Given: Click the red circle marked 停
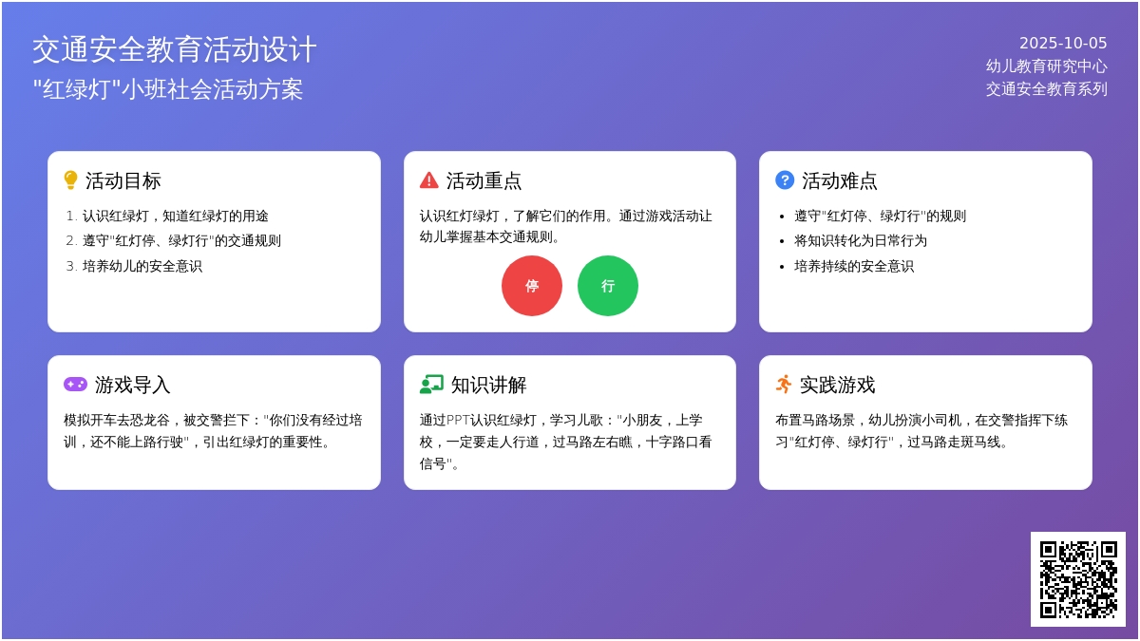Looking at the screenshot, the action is click(532, 286).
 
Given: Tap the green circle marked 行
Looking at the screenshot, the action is click(608, 286).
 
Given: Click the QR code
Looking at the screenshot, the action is click(1078, 579).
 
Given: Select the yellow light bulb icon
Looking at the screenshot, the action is click(70, 180).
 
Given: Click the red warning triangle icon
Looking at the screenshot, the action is click(429, 180).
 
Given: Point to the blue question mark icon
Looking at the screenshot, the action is click(785, 180).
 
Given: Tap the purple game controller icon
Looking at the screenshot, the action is click(75, 384).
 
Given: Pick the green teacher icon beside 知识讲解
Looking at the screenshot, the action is click(431, 385).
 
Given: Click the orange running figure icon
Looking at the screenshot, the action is click(784, 384).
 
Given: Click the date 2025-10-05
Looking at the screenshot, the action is click(1063, 43).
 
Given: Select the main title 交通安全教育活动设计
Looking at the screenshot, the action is click(175, 49).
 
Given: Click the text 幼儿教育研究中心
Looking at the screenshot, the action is click(1046, 66).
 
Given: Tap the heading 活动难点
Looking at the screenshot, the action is click(840, 180).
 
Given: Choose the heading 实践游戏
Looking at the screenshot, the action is click(837, 386).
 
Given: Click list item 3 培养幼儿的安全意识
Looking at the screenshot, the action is click(142, 266).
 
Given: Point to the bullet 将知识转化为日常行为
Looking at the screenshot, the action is click(861, 240).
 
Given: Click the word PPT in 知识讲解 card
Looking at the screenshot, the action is click(458, 420).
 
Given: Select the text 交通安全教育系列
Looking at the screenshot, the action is click(1046, 89).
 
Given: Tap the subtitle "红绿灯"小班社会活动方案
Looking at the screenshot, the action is click(168, 89).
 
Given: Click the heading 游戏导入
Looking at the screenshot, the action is click(132, 386).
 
